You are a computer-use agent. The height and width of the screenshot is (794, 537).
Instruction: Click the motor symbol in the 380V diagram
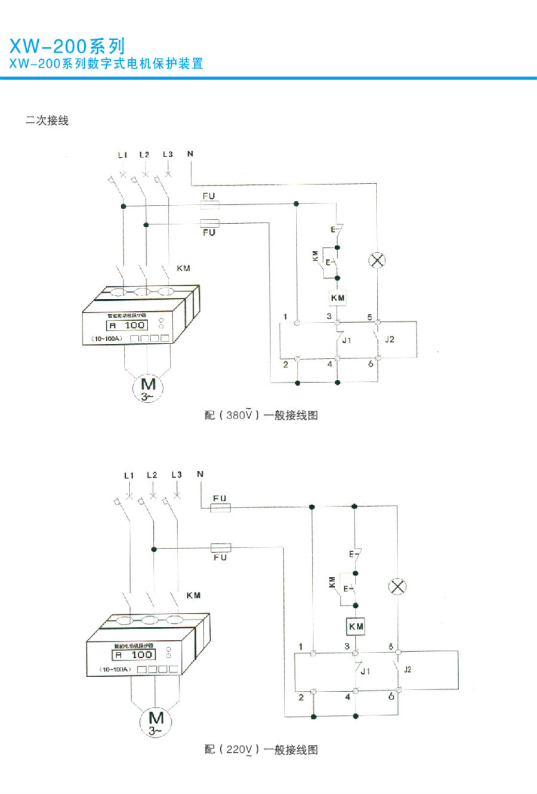[x=147, y=388]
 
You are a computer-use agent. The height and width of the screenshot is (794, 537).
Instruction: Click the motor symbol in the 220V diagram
[x=155, y=722]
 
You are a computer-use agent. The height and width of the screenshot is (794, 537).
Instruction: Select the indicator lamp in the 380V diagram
[x=377, y=260]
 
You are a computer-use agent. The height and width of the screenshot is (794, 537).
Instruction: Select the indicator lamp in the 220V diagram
[x=397, y=586]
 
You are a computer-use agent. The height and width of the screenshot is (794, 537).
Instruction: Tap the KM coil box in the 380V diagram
[x=337, y=297]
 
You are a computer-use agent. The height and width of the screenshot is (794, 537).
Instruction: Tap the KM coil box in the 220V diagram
[x=356, y=626]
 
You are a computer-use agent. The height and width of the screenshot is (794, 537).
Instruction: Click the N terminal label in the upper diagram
[x=190, y=154]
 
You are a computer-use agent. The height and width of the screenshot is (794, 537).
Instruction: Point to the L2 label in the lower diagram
[x=152, y=475]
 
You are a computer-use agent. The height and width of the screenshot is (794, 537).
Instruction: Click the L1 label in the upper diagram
[x=122, y=155]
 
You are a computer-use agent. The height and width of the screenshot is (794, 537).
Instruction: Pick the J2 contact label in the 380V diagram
[x=390, y=340]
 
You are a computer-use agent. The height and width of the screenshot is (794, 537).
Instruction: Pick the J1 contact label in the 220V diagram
[x=365, y=672]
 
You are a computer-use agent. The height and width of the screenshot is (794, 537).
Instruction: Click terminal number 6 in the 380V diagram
[x=371, y=364]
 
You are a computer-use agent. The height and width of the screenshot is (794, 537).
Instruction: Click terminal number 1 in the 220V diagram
[x=301, y=647]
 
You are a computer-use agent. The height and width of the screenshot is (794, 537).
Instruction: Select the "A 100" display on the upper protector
[x=126, y=325]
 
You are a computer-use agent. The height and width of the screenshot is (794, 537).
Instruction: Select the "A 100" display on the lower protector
[x=134, y=655]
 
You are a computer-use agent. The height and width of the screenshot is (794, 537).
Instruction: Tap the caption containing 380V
[x=261, y=416]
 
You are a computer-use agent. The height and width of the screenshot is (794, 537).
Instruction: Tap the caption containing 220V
[x=261, y=750]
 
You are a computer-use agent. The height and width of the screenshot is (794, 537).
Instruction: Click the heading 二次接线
[x=47, y=121]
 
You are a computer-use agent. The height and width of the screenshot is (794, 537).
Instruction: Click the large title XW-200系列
[x=67, y=46]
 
